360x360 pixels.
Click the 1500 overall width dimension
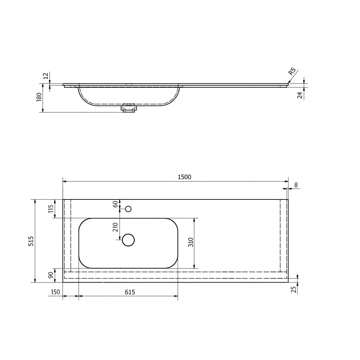coord(184,177)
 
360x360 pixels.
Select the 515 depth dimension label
coord(31,241)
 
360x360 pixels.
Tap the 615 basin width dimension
coord(130,292)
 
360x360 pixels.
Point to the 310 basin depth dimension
coord(191,242)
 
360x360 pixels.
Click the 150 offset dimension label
coord(55,292)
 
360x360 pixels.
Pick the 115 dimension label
coord(51,208)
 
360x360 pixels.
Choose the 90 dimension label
coord(51,275)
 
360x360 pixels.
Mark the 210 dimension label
coord(115,227)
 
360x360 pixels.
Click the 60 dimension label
coord(115,204)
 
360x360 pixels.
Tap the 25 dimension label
coord(294,290)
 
